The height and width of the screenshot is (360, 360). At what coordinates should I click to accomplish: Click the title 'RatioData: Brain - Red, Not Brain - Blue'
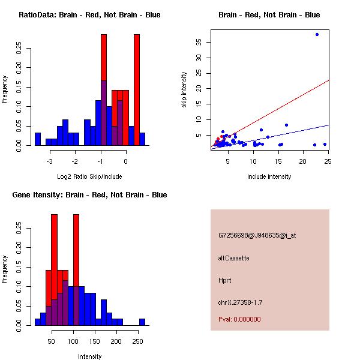[x=89, y=15]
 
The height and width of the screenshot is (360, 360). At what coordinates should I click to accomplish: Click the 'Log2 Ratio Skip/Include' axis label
[x=89, y=176]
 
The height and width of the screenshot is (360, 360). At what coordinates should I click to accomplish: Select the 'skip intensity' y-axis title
[x=184, y=90]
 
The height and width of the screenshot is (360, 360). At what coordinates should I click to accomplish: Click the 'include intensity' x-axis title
[x=269, y=176]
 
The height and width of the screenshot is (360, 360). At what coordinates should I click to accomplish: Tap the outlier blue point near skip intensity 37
[x=317, y=35]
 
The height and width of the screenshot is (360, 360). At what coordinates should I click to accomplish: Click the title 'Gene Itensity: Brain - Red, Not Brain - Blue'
[x=89, y=195]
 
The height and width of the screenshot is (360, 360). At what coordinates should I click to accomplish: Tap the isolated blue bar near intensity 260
[x=142, y=322]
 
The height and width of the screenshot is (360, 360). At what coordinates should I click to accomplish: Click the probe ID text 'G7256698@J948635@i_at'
[x=257, y=235]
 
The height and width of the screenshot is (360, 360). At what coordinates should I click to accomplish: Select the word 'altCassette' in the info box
[x=233, y=258]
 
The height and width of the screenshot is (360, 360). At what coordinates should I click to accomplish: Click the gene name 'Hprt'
[x=225, y=280]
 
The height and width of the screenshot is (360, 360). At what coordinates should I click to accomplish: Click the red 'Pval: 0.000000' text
[x=239, y=319]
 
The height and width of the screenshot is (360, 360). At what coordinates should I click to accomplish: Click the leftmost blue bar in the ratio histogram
[x=38, y=139]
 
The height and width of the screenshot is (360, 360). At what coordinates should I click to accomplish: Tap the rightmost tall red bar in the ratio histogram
[x=137, y=90]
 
